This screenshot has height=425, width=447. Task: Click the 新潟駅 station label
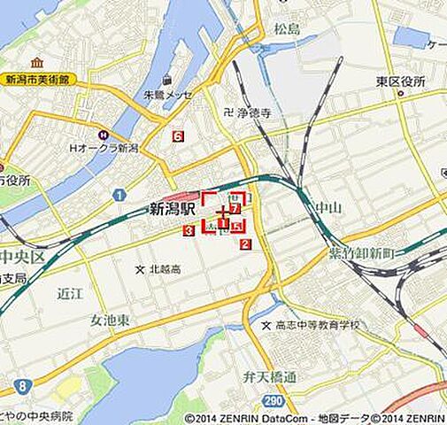pos(171,210)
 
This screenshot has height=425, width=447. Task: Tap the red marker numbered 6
pos(179,136)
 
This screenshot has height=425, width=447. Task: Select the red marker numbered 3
pos(189,231)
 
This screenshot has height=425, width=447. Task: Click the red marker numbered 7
pos(235,209)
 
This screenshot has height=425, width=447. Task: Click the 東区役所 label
pos(400,81)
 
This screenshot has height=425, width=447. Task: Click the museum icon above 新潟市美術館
pos(36,64)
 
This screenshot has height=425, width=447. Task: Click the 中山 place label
pos(328,209)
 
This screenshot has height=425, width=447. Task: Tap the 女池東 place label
pos(110,319)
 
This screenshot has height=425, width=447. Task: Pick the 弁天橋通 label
pos(270,377)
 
